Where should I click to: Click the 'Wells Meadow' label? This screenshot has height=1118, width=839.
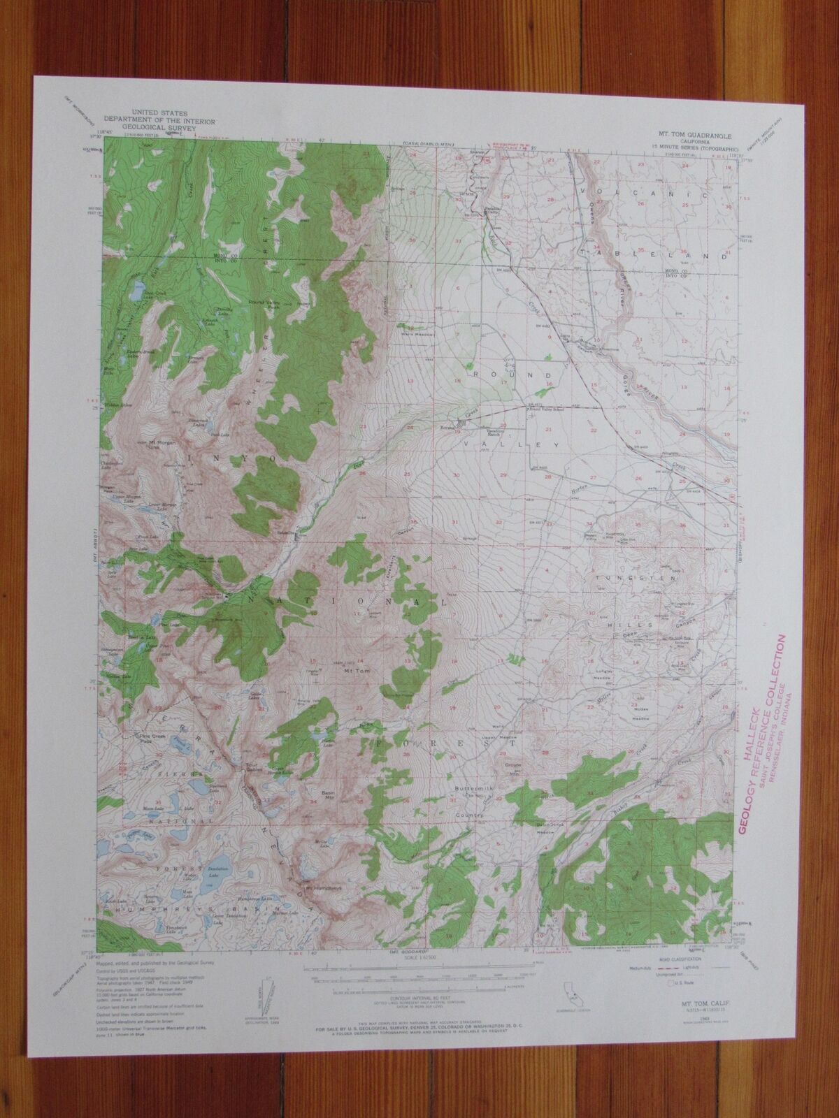point(417,334)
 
